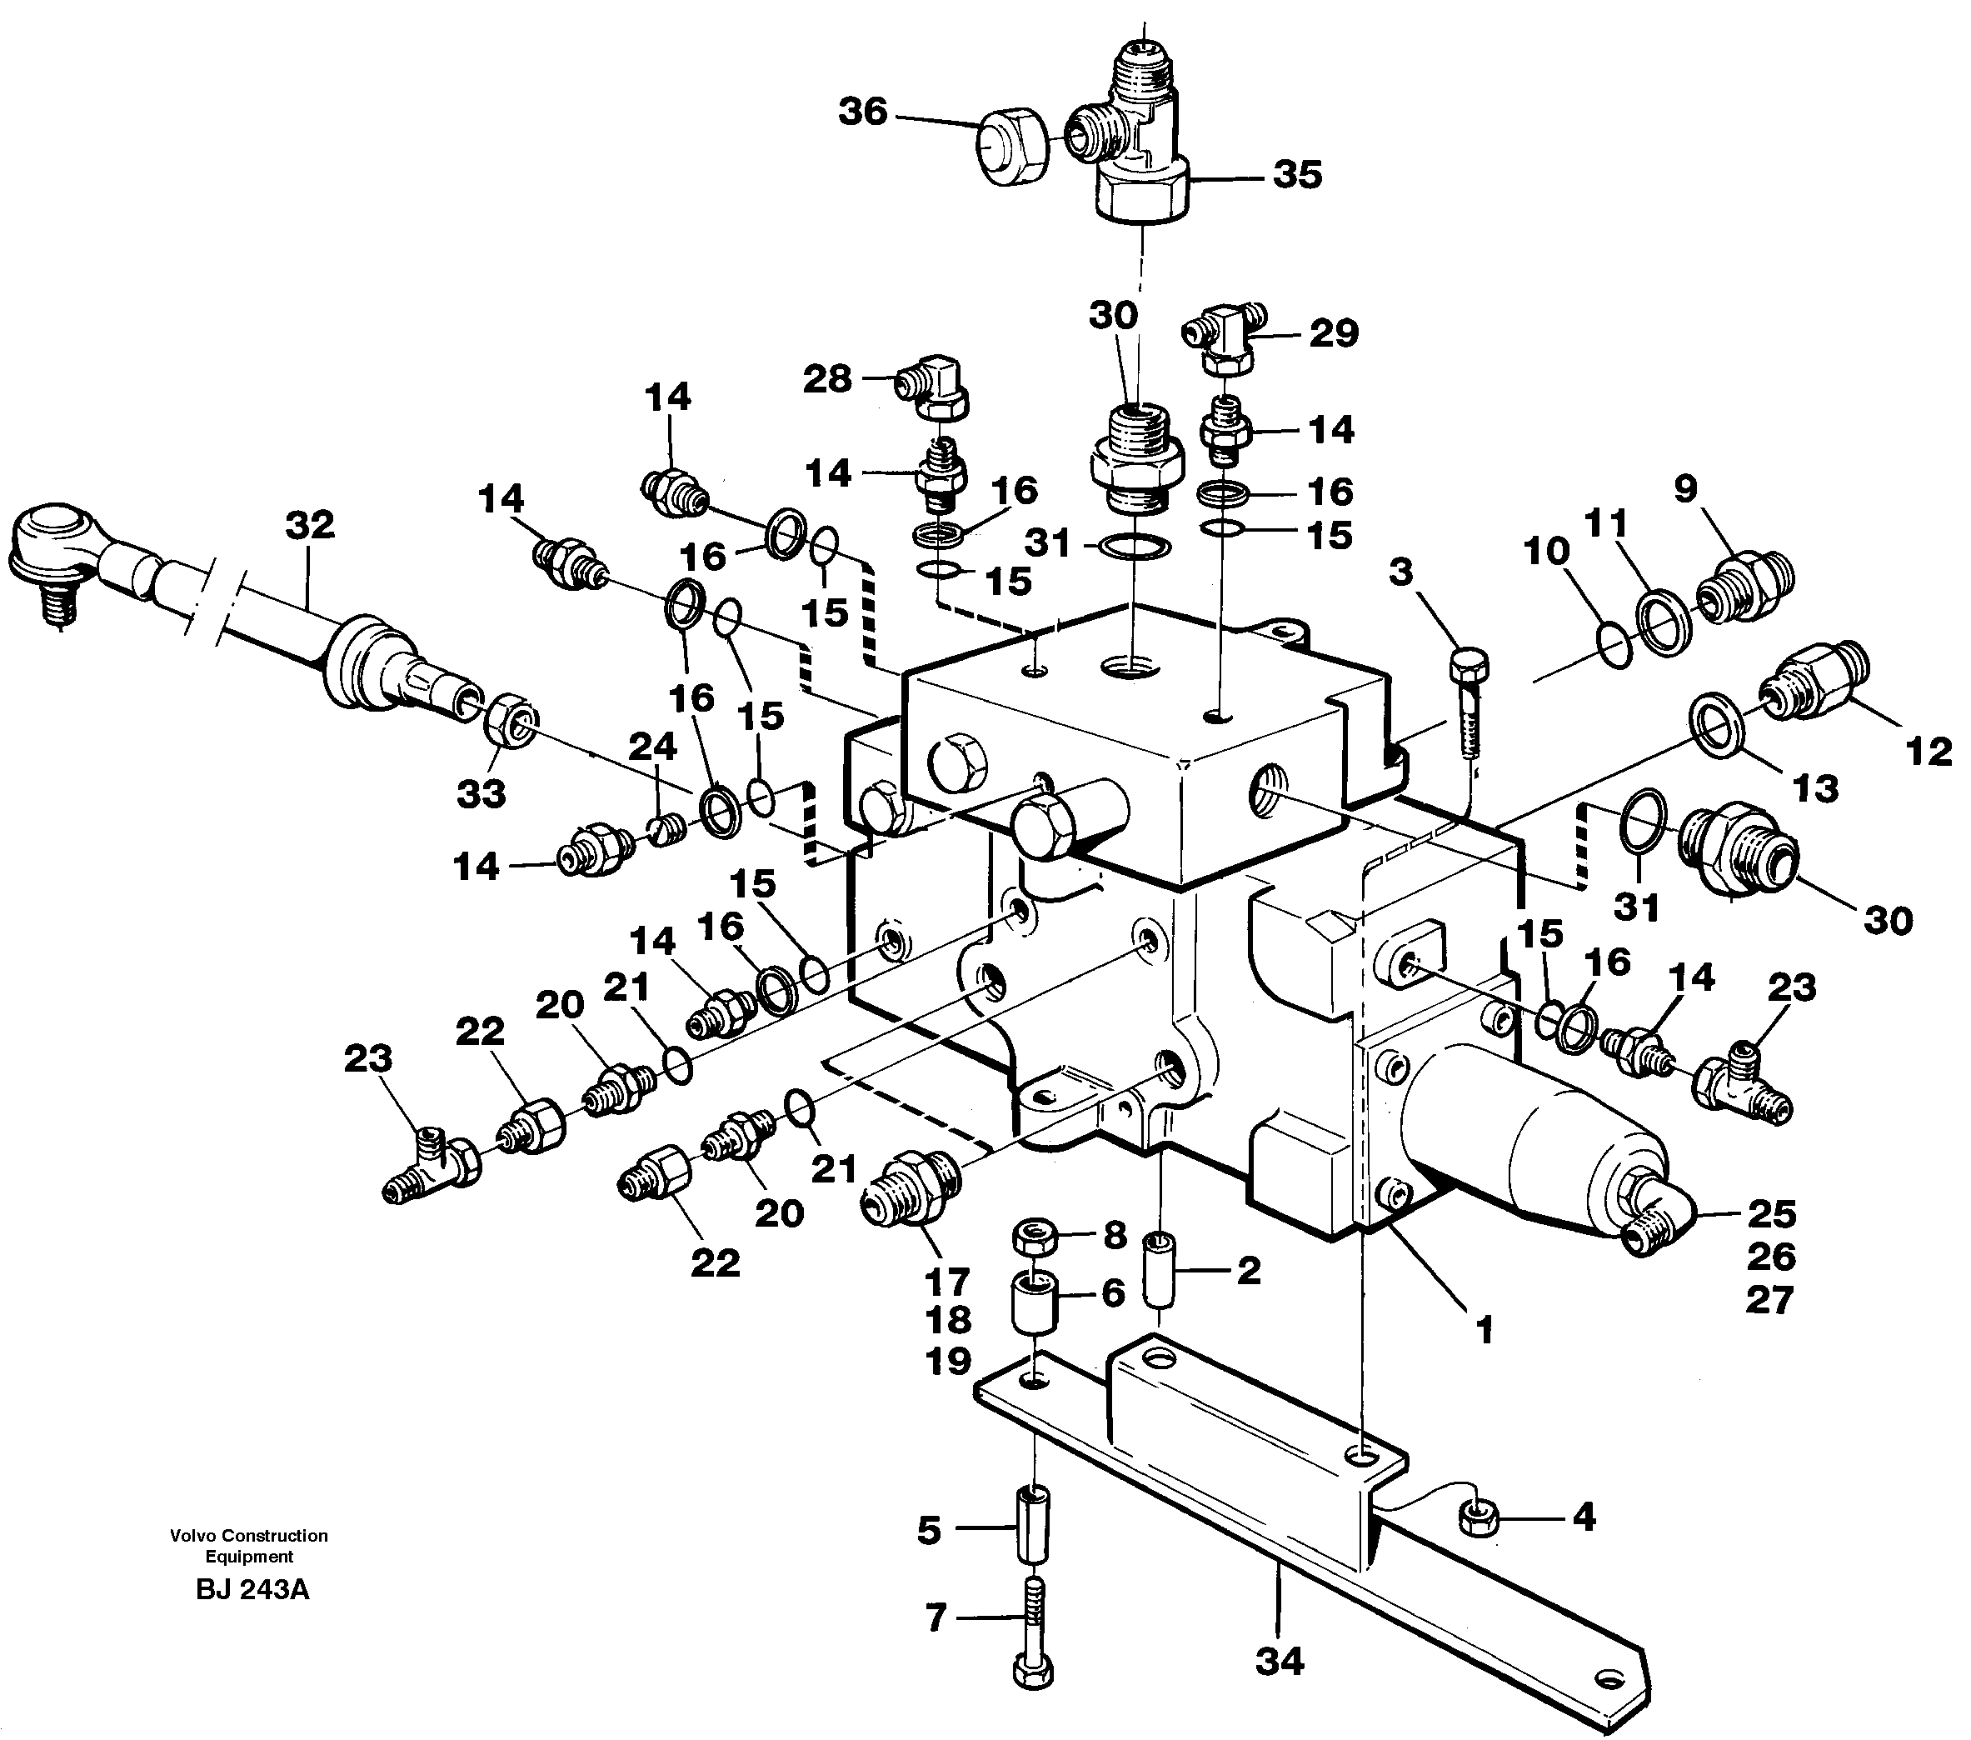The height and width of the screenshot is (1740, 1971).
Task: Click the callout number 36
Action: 862,112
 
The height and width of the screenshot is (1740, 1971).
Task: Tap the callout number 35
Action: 1297,176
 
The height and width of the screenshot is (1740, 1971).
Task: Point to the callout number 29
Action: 1334,332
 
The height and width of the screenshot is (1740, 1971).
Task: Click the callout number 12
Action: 1928,752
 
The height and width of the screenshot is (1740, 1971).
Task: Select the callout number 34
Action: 1279,1661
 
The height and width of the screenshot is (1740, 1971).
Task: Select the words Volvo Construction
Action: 249,1534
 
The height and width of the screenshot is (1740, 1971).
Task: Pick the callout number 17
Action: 946,1282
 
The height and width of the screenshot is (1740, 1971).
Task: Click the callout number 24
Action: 653,746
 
